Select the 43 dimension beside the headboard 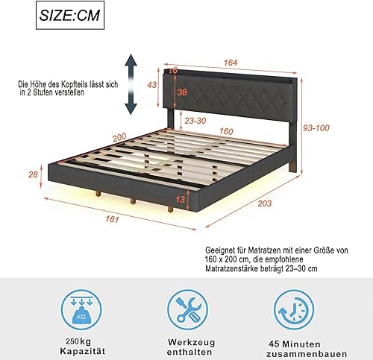tap(153, 86)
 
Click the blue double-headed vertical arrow tap(131, 83)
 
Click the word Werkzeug tap(185, 341)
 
